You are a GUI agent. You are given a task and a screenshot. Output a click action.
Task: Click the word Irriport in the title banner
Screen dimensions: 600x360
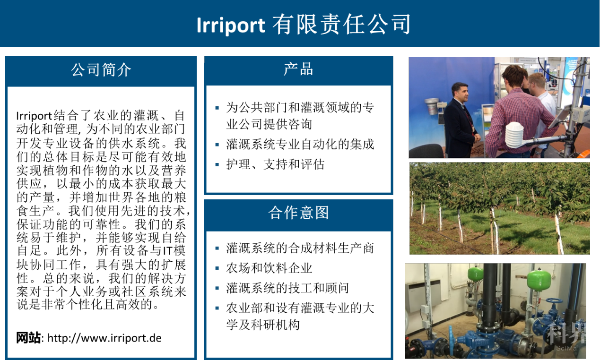pyautogui.click(x=231, y=26)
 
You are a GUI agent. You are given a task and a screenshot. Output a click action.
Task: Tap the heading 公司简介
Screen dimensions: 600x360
pyautogui.click(x=101, y=70)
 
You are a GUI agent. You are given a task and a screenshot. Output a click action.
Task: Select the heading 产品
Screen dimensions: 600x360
pyautogui.click(x=298, y=69)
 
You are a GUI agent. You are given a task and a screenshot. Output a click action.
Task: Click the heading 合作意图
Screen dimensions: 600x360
pyautogui.click(x=298, y=213)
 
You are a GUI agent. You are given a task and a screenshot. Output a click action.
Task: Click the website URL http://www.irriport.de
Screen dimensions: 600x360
pyautogui.click(x=104, y=338)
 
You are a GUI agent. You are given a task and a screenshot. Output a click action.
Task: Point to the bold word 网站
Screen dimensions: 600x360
pyautogui.click(x=28, y=338)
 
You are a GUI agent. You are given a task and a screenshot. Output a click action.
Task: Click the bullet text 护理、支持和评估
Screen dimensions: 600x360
pyautogui.click(x=275, y=164)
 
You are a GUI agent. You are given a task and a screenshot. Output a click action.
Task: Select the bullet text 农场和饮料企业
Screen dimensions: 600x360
pyautogui.click(x=269, y=268)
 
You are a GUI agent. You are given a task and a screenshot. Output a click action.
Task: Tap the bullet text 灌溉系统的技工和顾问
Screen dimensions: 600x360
pyautogui.click(x=287, y=288)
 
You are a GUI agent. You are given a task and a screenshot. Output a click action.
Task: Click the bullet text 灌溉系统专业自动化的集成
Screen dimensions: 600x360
pyautogui.click(x=300, y=144)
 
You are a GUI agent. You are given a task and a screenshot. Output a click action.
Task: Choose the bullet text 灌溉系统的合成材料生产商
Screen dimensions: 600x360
pyautogui.click(x=300, y=248)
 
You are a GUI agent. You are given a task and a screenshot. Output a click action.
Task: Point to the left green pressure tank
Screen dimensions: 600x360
pyautogui.click(x=476, y=273)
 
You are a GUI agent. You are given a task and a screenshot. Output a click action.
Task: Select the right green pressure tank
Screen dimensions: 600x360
pyautogui.click(x=539, y=280)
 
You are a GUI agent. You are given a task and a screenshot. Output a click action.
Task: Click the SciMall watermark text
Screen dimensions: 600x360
pyautogui.click(x=568, y=348)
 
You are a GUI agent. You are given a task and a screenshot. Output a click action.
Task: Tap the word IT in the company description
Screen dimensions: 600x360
pyautogui.click(x=167, y=251)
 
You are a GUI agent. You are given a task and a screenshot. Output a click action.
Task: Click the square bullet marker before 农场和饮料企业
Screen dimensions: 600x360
pyautogui.click(x=217, y=268)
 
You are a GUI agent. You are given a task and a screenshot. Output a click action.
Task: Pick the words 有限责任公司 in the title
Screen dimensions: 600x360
pyautogui.click(x=341, y=25)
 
